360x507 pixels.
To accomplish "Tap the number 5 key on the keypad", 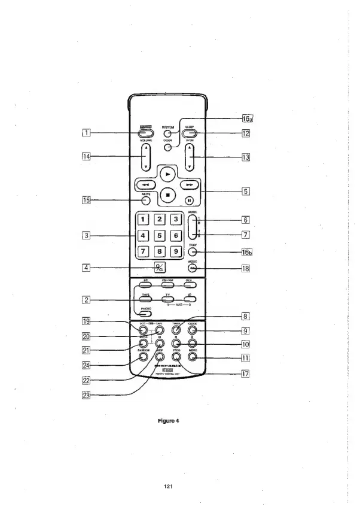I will tap(160, 236).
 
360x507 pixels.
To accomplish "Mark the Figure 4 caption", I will tap(169, 420).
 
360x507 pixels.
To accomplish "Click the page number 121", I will tap(168, 485).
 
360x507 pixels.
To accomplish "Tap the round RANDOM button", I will tap(144, 357).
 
